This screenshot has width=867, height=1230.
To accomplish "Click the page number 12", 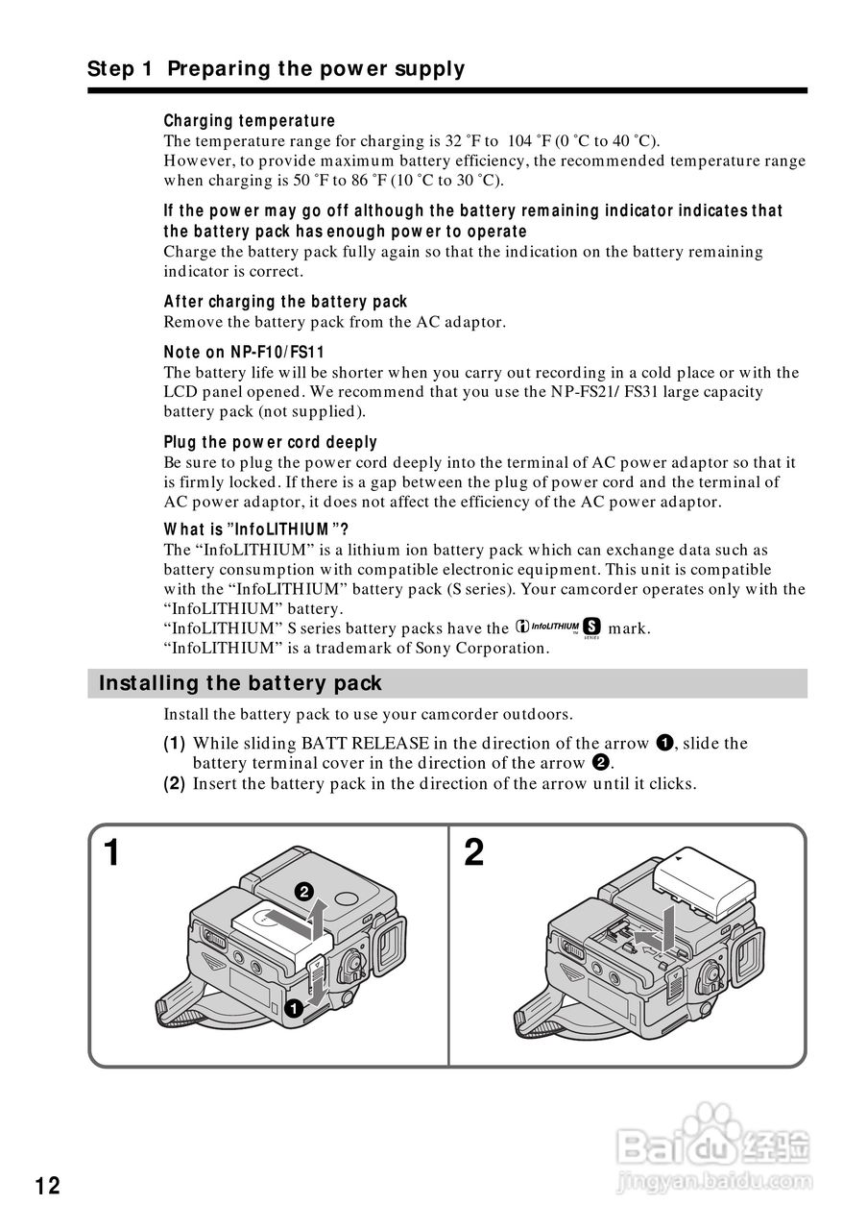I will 48,1186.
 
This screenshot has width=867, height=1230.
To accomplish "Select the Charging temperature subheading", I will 250,121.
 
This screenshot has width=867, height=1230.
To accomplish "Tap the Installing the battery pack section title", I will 240,683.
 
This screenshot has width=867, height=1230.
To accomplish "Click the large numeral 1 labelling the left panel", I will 112,852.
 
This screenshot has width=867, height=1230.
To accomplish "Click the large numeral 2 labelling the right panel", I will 473,852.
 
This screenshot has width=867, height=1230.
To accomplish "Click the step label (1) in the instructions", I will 174,743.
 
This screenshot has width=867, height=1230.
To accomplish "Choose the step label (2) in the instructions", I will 174,783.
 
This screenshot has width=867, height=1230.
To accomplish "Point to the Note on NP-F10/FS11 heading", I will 244,352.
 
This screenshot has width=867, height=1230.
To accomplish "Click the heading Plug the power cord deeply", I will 270,442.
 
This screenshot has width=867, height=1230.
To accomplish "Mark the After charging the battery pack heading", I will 285,302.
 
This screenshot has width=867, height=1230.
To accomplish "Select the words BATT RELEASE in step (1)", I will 361,743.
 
